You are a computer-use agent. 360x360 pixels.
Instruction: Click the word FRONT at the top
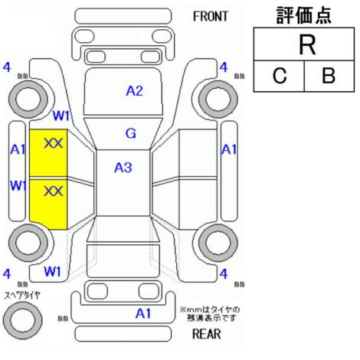coord(210,17)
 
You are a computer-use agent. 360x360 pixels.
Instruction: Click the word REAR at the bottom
coord(206,334)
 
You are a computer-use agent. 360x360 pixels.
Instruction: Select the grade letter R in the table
coord(307,45)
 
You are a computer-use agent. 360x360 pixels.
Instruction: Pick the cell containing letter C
coord(279,76)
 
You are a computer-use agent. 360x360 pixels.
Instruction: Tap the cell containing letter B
coord(329,76)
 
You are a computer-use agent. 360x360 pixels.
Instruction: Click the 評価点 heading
coord(304,15)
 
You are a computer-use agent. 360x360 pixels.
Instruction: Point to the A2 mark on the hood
coord(134,91)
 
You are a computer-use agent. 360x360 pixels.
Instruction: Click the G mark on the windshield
coord(131,133)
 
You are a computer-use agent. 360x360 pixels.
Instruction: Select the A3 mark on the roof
coord(123,168)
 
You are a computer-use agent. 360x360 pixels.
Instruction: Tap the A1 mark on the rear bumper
coord(143,313)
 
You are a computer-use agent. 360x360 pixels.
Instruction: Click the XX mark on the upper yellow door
coord(54,143)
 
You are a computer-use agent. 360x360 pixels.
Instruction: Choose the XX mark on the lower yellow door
coord(54,191)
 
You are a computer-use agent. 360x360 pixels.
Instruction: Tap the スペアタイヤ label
coord(22,296)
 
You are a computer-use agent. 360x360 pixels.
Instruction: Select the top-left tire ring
coord(28,100)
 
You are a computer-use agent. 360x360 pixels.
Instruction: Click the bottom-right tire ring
coord(218,243)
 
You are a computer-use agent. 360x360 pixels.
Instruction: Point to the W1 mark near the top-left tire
coord(61,116)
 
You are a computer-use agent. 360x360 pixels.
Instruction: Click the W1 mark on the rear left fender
coord(52,271)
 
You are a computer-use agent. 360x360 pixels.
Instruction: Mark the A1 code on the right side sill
coord(229,149)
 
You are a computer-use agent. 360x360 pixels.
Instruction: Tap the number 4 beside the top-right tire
coord(224,67)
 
